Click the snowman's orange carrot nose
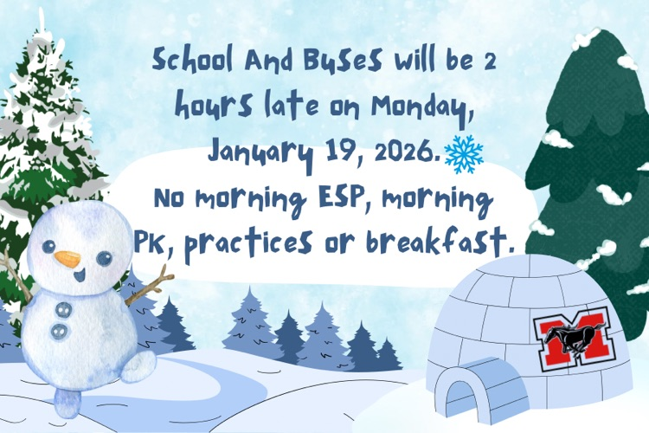pos(68,258)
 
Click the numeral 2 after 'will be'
pos(485,62)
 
